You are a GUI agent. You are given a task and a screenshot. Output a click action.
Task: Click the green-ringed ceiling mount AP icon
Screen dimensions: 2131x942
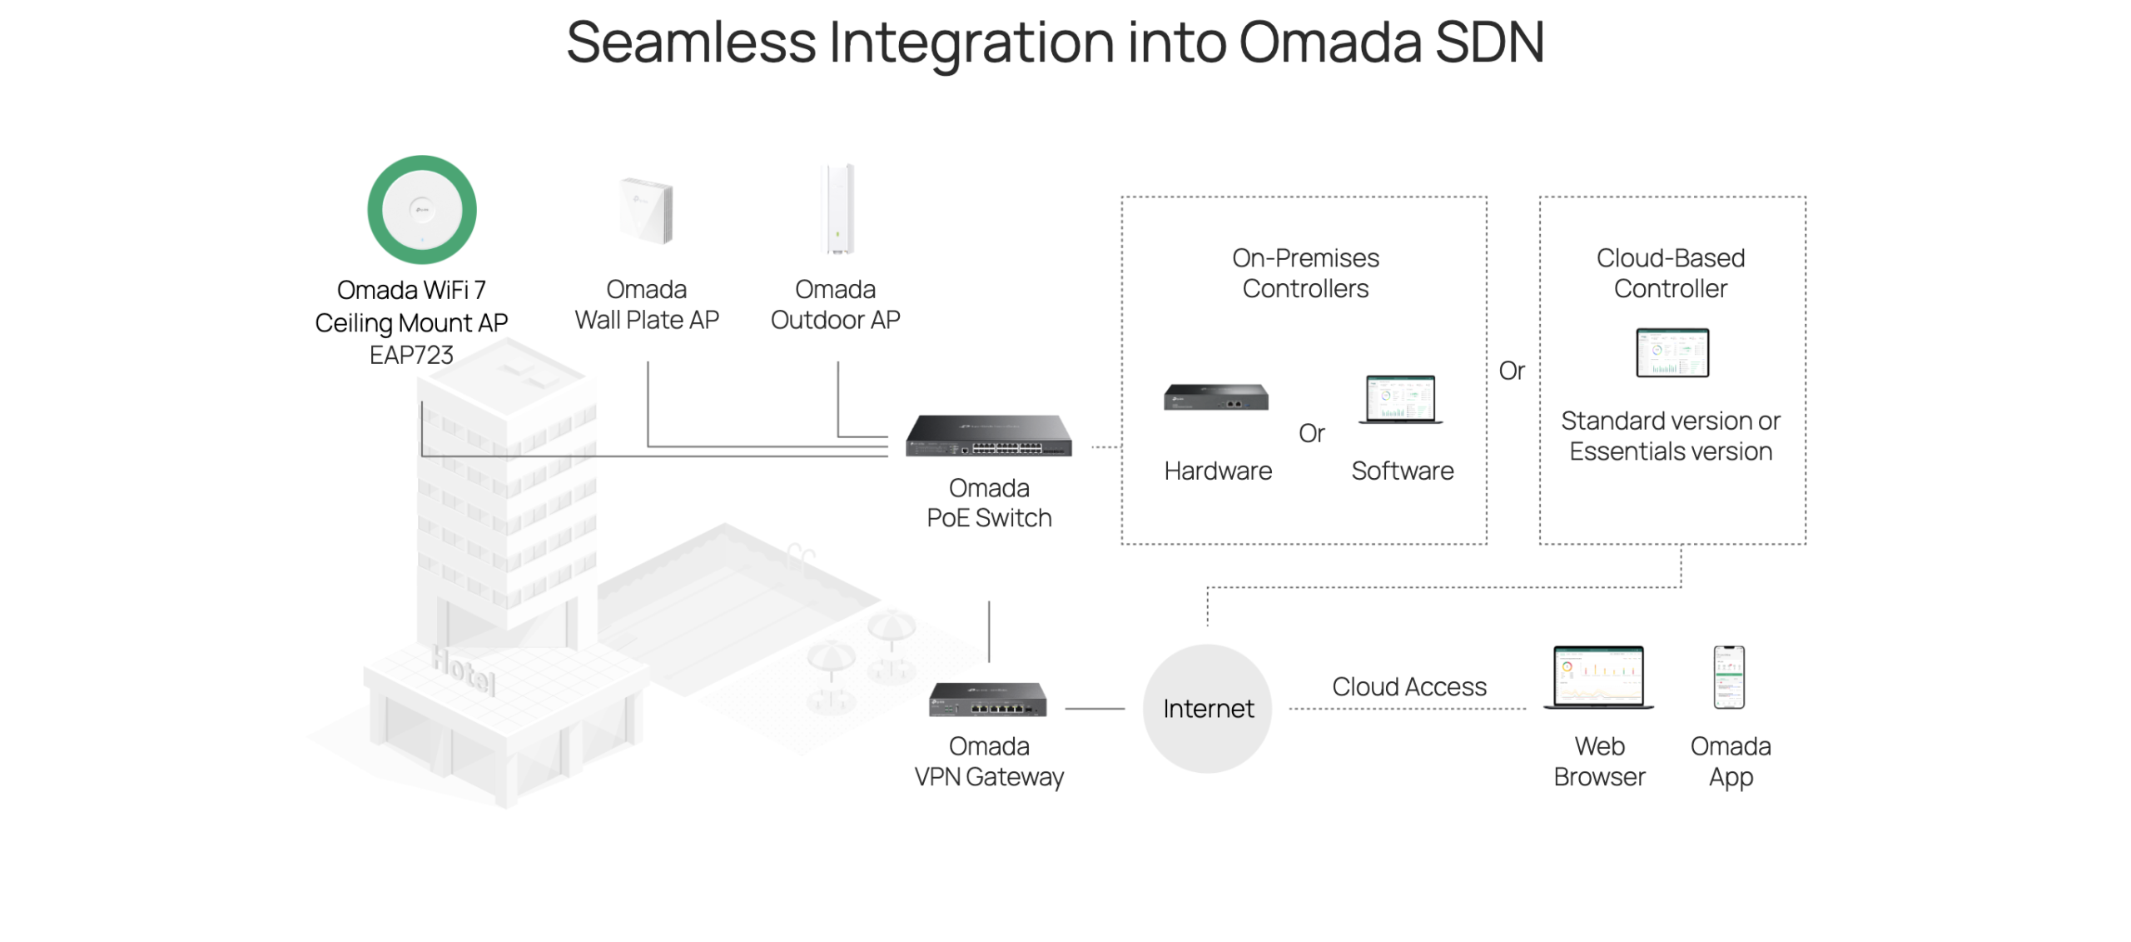pyautogui.click(x=421, y=210)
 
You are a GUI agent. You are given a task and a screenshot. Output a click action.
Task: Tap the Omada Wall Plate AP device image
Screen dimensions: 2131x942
pyautogui.click(x=646, y=210)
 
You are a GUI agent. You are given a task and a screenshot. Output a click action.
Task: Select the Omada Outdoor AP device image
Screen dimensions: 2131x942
pyautogui.click(x=837, y=209)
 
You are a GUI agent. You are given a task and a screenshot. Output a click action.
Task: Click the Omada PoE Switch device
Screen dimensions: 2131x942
pyautogui.click(x=989, y=436)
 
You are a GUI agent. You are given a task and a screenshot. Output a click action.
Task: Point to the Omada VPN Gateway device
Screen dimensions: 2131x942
pyautogui.click(x=988, y=700)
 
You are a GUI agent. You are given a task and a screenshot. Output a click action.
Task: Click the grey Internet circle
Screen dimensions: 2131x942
pyautogui.click(x=1207, y=709)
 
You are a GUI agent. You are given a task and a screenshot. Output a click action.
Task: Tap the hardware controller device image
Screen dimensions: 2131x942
pyautogui.click(x=1216, y=397)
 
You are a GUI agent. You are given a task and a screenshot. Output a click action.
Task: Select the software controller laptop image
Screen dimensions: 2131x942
pyautogui.click(x=1400, y=400)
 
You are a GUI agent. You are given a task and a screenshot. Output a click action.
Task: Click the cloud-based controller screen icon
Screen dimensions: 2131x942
pyautogui.click(x=1672, y=352)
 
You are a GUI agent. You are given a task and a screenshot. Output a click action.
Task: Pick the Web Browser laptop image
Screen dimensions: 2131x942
pyautogui.click(x=1598, y=677)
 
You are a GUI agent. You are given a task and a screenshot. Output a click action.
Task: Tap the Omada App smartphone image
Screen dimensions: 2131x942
pyautogui.click(x=1729, y=677)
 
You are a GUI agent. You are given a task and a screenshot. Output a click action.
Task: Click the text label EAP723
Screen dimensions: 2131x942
pyautogui.click(x=411, y=355)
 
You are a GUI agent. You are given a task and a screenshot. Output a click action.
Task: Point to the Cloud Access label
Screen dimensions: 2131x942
pyautogui.click(x=1408, y=686)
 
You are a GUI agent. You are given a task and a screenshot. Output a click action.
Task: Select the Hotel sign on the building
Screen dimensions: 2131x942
pyautogui.click(x=463, y=669)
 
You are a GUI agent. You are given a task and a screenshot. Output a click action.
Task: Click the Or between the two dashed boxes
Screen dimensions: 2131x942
pyautogui.click(x=1512, y=371)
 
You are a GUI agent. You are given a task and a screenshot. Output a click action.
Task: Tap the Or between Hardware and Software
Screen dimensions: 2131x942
pyautogui.click(x=1311, y=433)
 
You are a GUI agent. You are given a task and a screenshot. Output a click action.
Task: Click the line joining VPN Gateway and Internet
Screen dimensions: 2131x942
pyautogui.click(x=1095, y=709)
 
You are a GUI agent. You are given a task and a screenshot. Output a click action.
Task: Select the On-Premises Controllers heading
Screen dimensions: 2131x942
pyautogui.click(x=1305, y=273)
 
